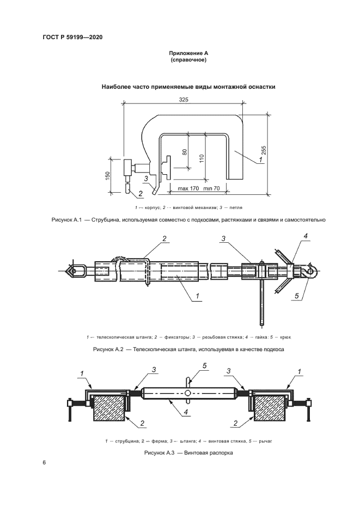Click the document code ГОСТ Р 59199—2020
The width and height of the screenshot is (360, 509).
(x=72, y=37)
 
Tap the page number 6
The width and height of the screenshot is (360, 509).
(x=44, y=463)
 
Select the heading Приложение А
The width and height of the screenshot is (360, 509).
(x=188, y=53)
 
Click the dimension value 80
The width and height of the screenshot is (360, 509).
(x=184, y=153)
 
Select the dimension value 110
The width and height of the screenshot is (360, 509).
(x=201, y=158)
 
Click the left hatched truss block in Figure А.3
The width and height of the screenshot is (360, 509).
(x=110, y=409)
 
